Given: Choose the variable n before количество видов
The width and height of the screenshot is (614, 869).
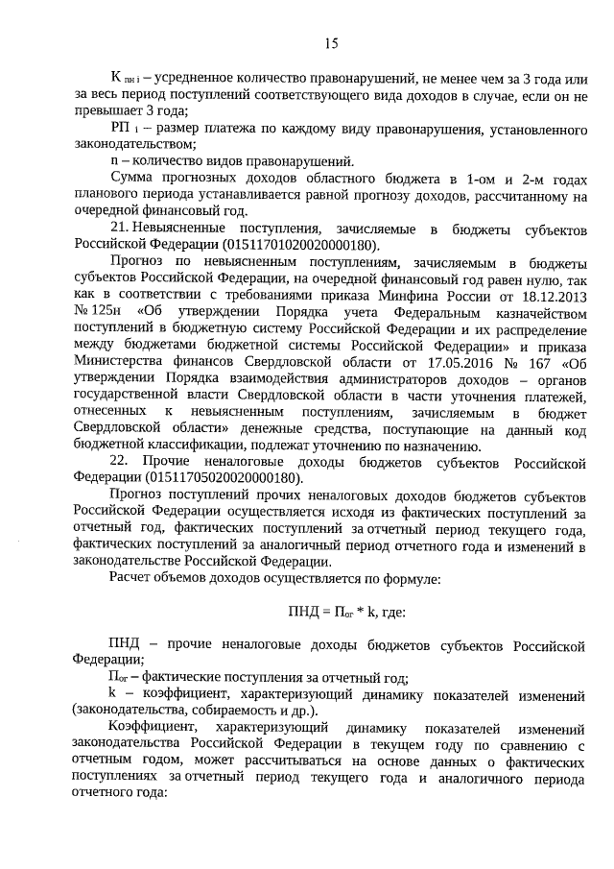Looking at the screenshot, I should tap(114, 159).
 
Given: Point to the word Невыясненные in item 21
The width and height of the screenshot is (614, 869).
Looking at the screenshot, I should tap(191, 228).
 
